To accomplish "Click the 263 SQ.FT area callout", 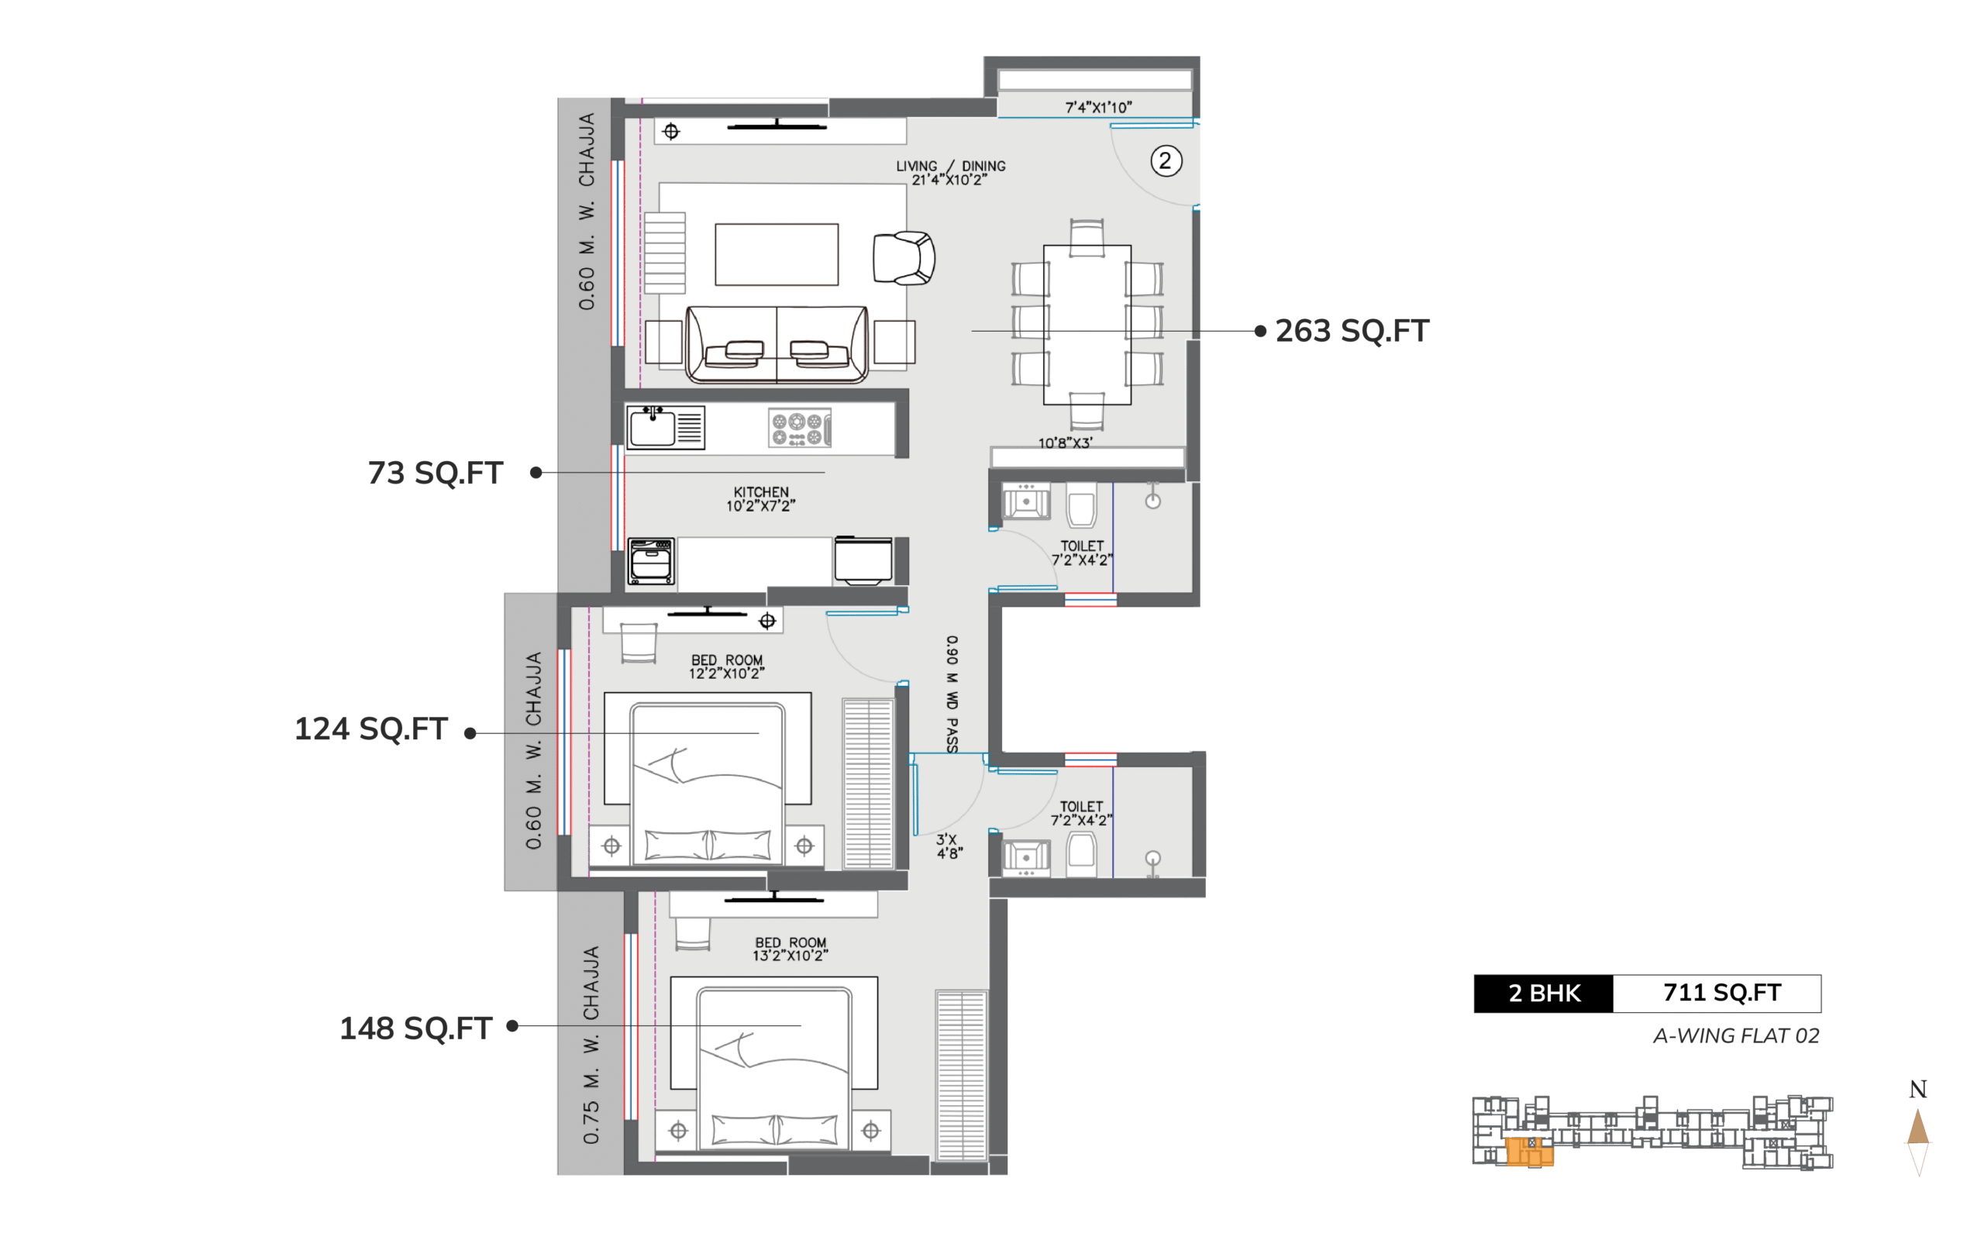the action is [x=1352, y=330].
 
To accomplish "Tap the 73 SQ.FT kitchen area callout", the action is [x=436, y=474].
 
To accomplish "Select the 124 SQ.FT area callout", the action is [x=370, y=729].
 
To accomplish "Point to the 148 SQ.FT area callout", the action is [x=415, y=1028].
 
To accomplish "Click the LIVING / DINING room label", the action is [x=950, y=167].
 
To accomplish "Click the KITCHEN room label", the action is [x=761, y=492].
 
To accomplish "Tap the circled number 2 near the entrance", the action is [x=1166, y=160].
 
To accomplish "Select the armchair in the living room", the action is [x=904, y=258].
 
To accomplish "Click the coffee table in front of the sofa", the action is [x=777, y=254].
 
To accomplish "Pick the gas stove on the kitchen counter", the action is [x=799, y=428].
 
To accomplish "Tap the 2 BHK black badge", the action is [x=1544, y=993].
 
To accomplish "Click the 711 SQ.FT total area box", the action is [x=1718, y=993].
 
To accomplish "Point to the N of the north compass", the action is [x=1917, y=1089].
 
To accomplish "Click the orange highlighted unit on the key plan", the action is [x=1529, y=1151].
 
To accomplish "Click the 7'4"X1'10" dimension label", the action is [x=1099, y=108].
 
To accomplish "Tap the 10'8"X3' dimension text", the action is [x=1065, y=443].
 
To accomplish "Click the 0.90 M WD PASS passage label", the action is [x=951, y=694].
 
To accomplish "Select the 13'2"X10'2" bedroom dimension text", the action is [x=790, y=956].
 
